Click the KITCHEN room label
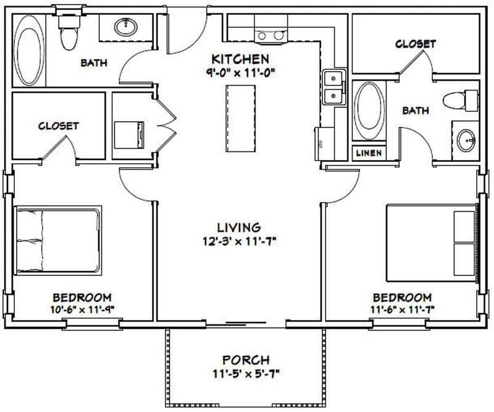coord(240,59)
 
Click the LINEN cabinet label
coord(369,153)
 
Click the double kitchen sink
coord(333,88)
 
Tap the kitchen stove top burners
coord(270,36)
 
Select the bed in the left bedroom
coord(57,240)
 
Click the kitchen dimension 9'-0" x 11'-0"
coord(240,72)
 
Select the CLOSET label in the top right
coord(415,44)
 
